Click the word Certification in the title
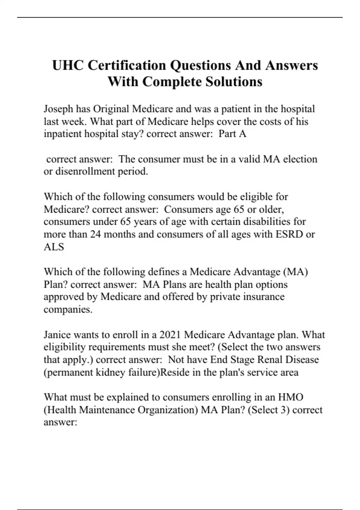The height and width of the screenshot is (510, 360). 126,65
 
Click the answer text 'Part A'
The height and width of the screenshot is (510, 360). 232,134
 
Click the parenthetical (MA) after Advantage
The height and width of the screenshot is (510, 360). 295,272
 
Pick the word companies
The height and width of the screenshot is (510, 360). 68,309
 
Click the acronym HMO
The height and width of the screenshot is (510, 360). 291,397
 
